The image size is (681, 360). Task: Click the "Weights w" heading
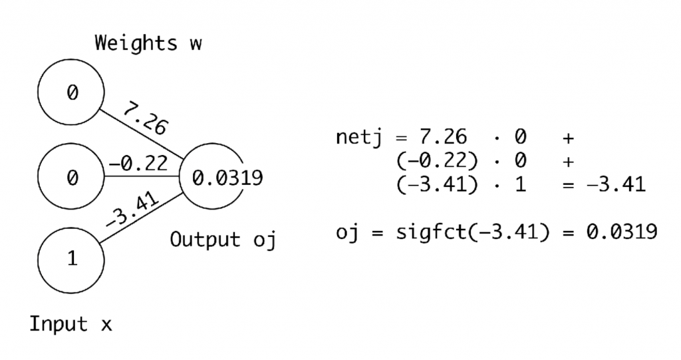(x=148, y=43)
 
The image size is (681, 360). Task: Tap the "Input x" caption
(x=70, y=325)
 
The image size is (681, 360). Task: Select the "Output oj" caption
(x=223, y=239)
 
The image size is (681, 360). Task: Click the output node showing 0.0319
(x=214, y=178)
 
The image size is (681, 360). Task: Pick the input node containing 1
(x=71, y=259)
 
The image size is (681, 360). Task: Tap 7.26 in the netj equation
(x=444, y=138)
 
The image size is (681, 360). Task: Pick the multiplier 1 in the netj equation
(x=519, y=184)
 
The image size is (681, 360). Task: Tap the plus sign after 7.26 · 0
(x=568, y=138)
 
